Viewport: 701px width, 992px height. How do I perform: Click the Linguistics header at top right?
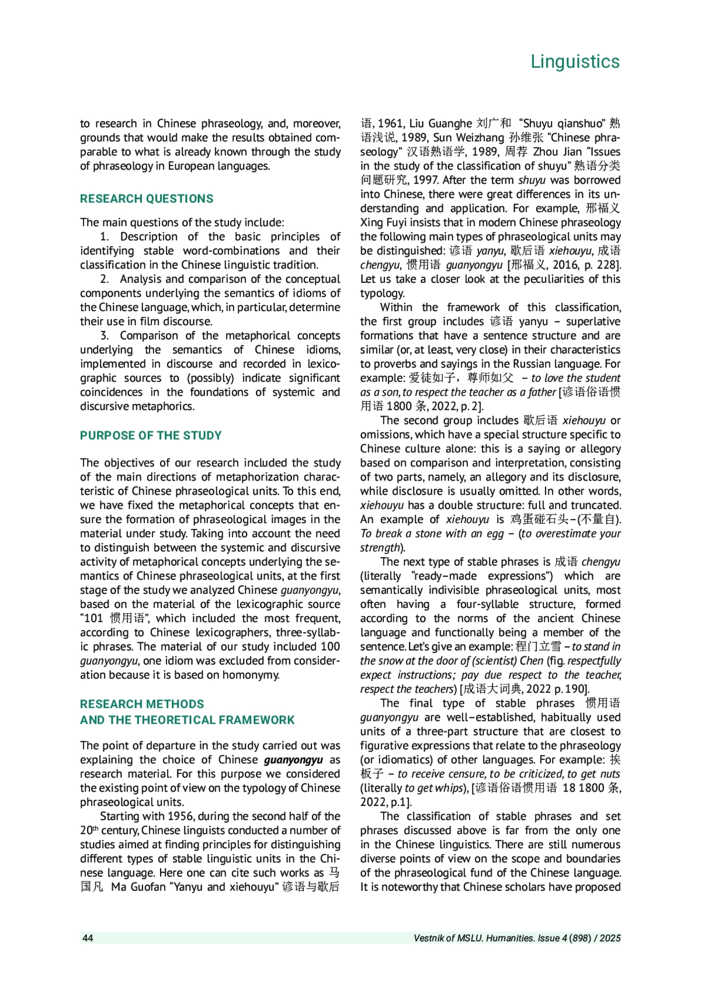click(575, 61)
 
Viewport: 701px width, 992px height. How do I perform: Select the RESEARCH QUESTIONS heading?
click(147, 199)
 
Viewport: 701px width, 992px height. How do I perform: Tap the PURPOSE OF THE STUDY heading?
click(151, 435)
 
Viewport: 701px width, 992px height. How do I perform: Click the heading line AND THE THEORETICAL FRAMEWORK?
click(187, 720)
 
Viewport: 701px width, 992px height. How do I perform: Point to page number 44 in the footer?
click(88, 938)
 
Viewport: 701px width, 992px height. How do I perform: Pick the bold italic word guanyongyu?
click(293, 760)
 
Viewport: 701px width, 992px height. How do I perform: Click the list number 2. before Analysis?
click(105, 279)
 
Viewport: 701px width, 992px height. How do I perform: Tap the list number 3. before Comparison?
click(105, 336)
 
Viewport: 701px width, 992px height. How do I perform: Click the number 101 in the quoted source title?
click(93, 618)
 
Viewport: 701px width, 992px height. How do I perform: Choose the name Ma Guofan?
click(136, 887)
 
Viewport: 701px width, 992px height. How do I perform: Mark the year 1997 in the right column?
click(425, 181)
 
